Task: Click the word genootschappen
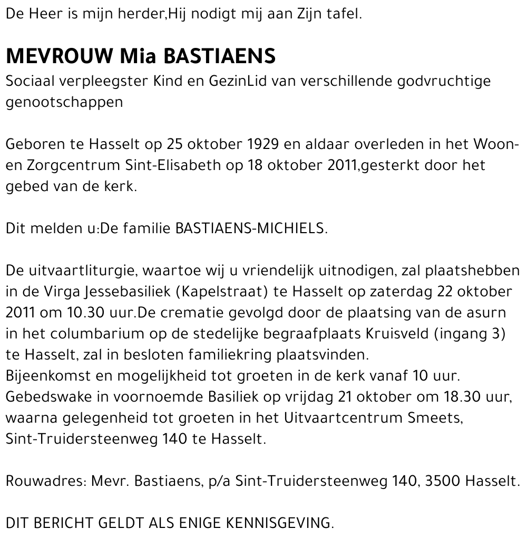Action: (64, 102)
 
